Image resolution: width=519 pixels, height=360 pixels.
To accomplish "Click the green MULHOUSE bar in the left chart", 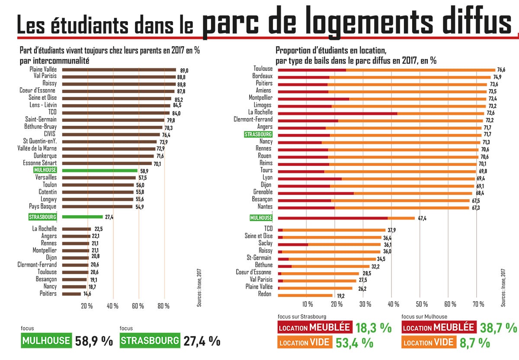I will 100,170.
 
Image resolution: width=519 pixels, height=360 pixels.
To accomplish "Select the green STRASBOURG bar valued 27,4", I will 82,217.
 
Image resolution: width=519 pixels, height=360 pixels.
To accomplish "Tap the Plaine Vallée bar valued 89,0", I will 119,70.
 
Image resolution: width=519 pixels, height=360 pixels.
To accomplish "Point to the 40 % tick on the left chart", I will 112,306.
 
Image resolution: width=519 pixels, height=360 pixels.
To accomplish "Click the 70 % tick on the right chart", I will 476,303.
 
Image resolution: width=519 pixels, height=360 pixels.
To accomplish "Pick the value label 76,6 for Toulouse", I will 501,70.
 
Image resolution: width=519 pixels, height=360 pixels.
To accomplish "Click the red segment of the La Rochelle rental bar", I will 337,112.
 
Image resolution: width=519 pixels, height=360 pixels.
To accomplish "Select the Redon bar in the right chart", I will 305,295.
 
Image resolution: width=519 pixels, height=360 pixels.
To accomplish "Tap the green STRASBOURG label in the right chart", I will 258,134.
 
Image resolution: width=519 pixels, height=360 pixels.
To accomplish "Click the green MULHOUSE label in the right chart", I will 261,218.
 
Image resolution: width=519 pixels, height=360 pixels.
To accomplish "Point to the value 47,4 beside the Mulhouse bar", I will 422,218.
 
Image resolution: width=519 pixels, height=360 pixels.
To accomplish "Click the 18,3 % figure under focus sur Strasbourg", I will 373,328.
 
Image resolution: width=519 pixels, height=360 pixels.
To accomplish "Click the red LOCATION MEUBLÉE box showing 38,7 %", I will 439,327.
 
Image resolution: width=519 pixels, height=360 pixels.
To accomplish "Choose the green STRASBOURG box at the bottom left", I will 150,340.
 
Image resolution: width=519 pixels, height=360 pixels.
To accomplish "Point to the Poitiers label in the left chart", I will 47,294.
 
